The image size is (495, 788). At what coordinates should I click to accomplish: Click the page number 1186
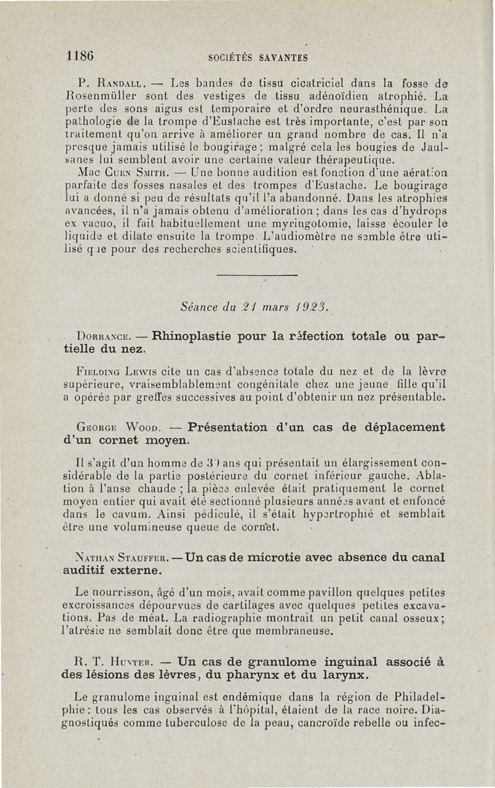[x=80, y=56]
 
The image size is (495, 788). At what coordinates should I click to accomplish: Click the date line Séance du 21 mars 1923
[x=254, y=305]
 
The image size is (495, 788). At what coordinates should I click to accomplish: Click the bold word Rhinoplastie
[x=199, y=337]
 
